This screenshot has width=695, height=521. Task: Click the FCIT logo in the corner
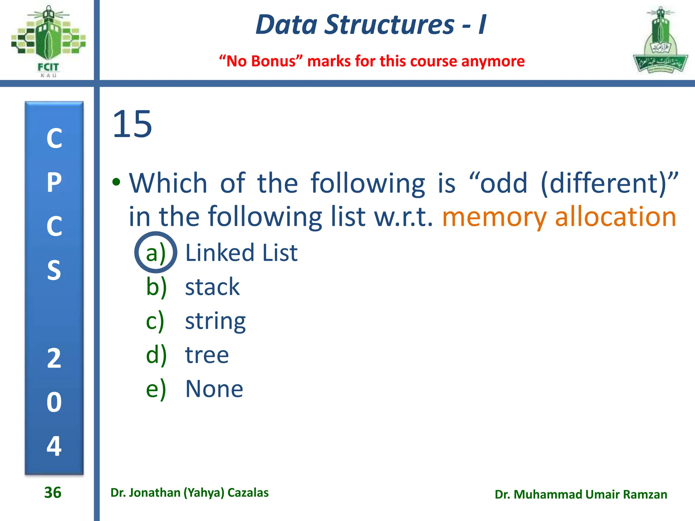click(x=48, y=41)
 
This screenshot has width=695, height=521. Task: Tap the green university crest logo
click(x=660, y=41)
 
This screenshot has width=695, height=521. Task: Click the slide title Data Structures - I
click(x=371, y=25)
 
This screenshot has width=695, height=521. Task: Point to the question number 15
click(x=132, y=124)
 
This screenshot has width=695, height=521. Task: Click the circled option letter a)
click(x=155, y=253)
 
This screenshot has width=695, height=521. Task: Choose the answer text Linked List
click(x=241, y=253)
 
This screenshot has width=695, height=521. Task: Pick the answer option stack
click(x=212, y=287)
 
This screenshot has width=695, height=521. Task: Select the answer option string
click(x=215, y=321)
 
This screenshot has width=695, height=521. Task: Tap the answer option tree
click(x=207, y=355)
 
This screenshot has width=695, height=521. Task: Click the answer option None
click(x=214, y=389)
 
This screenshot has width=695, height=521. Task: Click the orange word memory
click(x=494, y=217)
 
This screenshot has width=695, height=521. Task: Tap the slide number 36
click(x=53, y=493)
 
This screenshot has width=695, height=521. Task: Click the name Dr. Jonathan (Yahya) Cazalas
click(x=189, y=493)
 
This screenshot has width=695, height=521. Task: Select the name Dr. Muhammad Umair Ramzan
click(x=581, y=495)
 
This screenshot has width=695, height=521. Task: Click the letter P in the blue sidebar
click(x=54, y=182)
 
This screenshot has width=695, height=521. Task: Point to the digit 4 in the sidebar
click(x=54, y=446)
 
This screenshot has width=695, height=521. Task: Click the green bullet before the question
click(x=116, y=182)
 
